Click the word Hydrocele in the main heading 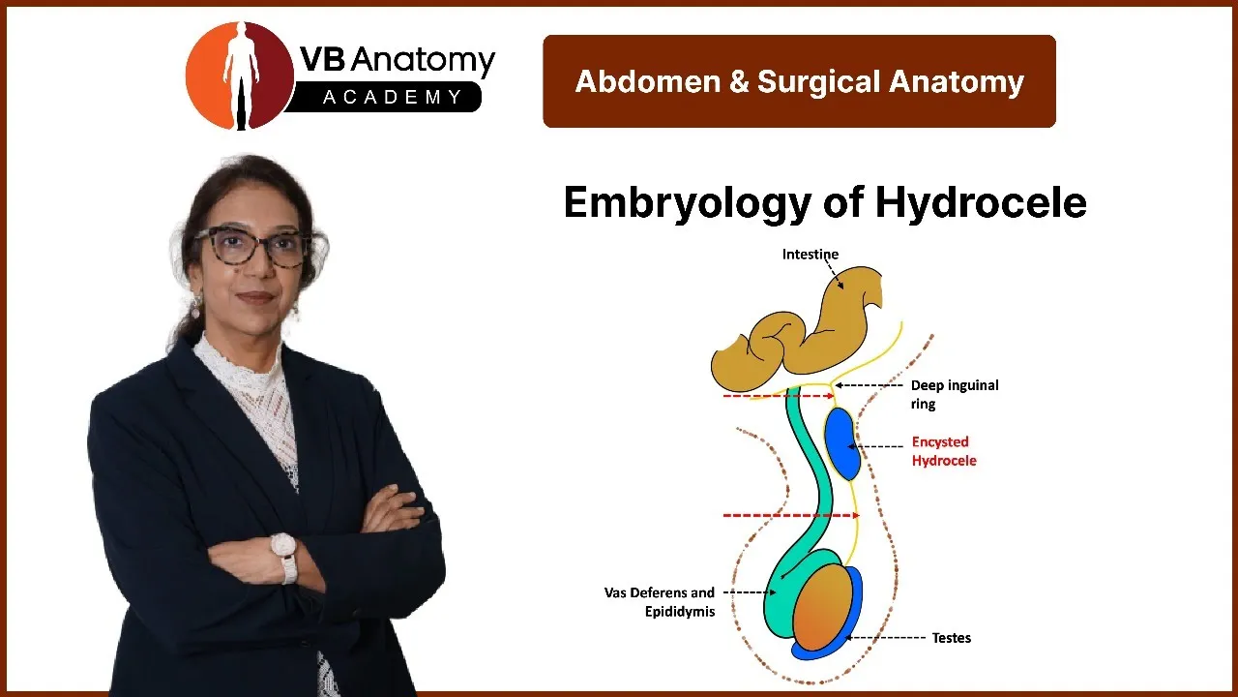[981, 202]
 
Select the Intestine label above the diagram [811, 254]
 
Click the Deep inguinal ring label [955, 394]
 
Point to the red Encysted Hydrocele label [944, 451]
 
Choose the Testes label [951, 638]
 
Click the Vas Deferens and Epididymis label [660, 602]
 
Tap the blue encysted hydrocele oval [842, 444]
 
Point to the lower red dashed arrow [791, 516]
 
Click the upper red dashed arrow [779, 396]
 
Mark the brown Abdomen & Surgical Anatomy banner [799, 81]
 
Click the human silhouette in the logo [241, 75]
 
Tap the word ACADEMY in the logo [392, 98]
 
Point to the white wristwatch [285, 557]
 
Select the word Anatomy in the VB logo [423, 61]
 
